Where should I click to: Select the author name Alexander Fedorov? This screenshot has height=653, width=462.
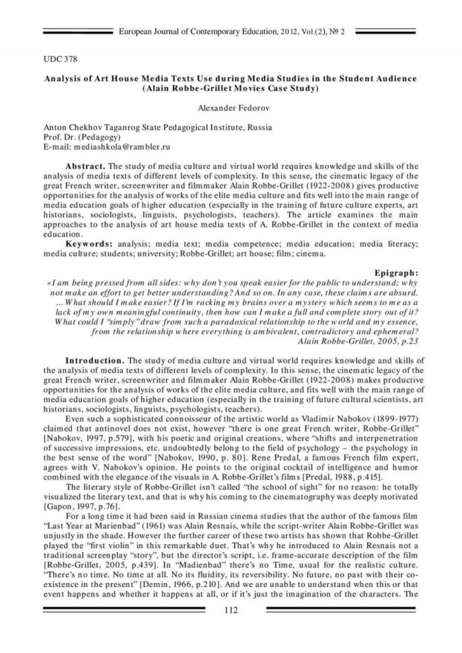(x=231, y=107)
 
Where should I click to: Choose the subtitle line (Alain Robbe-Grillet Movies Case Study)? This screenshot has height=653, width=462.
(x=231, y=88)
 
